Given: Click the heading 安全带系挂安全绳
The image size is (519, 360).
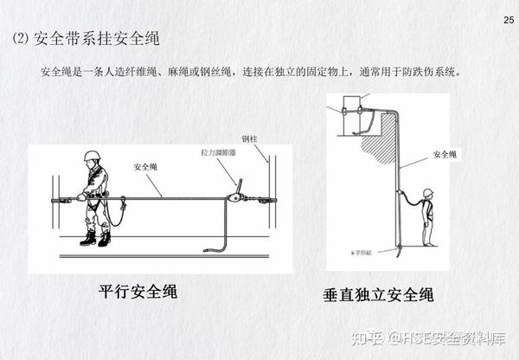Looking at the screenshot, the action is point(97,39).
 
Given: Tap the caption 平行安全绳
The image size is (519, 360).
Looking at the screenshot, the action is point(138,291).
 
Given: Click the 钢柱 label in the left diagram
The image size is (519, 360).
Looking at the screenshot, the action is point(250,138).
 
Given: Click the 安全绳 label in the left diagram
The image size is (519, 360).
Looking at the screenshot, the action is point(145,166).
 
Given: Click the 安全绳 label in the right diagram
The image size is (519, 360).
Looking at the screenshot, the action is point(444,155).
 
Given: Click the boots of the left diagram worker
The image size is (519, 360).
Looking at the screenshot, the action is point(94,237).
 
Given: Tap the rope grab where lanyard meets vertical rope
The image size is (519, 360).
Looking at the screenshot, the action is point(400,196).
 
